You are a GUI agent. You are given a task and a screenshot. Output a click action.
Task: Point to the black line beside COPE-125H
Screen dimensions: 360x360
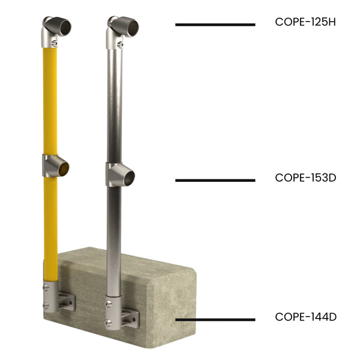[215, 25]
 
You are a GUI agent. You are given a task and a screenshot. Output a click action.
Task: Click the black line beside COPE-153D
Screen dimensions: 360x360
[215, 180]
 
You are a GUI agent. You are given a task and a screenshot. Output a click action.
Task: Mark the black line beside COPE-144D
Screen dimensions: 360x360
[215, 319]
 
